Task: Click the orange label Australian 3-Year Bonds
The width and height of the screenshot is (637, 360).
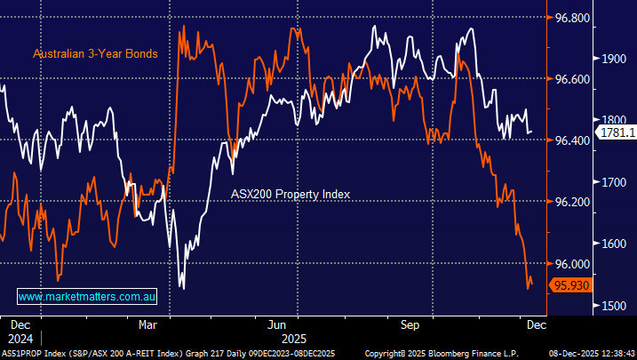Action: pos(95,54)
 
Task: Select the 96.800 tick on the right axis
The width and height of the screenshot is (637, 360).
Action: pos(566,18)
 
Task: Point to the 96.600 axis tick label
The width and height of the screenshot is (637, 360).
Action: pos(566,79)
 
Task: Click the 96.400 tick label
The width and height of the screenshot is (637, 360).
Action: pos(566,140)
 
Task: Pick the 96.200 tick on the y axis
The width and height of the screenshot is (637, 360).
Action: pos(566,202)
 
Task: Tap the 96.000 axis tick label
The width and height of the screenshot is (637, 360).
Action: pos(566,264)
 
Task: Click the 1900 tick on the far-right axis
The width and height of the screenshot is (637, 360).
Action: pos(615,59)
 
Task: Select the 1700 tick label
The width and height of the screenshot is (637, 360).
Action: pos(615,182)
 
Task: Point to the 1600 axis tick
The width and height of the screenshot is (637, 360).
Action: pos(615,244)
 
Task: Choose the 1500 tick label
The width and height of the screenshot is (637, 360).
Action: pos(615,306)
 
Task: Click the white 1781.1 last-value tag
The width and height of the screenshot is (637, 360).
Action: pos(617,132)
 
